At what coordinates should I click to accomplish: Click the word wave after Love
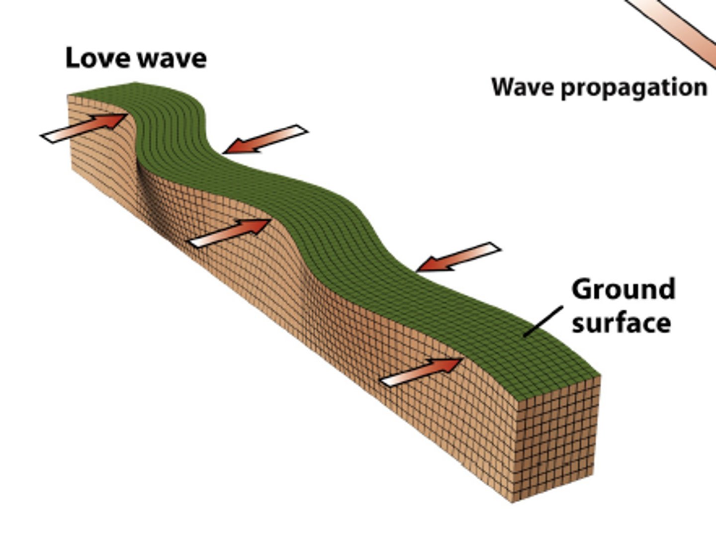tap(172, 59)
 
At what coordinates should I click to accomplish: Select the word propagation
tap(634, 89)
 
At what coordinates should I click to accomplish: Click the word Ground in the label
tap(623, 289)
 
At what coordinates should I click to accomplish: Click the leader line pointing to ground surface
tap(543, 321)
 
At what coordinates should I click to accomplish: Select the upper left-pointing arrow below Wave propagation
tap(266, 139)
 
